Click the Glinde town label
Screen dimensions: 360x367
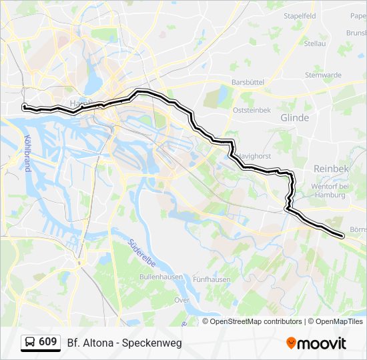pos(294,117)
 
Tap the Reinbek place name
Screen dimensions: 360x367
pos(331,169)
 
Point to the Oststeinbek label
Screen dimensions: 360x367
pos(252,111)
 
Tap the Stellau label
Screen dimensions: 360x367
pos(315,43)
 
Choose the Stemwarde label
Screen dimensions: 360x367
pos(323,75)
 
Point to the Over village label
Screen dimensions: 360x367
pos(182,301)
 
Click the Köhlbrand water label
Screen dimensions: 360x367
pos(27,153)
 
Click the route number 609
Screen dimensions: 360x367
pos(47,342)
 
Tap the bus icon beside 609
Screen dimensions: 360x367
pos(29,343)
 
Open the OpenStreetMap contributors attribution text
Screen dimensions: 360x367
pos(256,321)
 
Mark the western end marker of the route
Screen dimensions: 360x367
pos(24,107)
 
